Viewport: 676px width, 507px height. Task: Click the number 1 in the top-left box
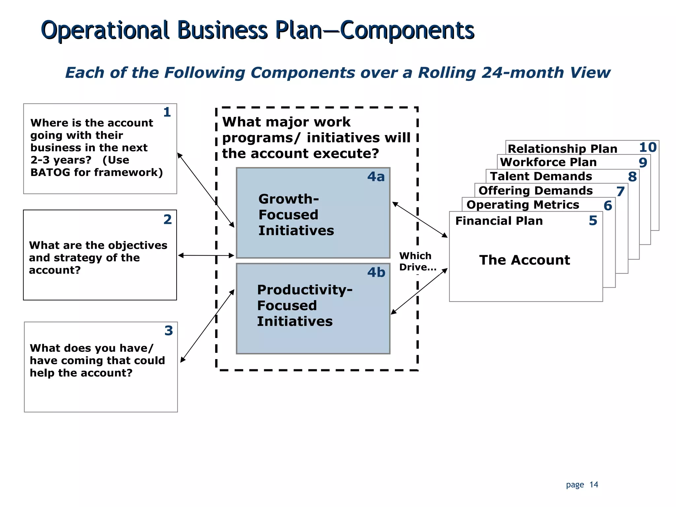(x=167, y=112)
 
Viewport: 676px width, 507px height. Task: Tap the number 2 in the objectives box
(x=168, y=220)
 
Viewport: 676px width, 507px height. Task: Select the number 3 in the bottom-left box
(x=169, y=331)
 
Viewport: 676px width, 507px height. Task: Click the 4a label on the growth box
(x=376, y=177)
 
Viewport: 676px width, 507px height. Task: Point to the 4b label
(x=376, y=273)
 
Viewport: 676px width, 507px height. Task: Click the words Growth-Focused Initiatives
(x=296, y=215)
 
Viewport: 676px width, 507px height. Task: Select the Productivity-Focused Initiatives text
(x=304, y=306)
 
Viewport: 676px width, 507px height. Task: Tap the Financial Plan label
(x=499, y=221)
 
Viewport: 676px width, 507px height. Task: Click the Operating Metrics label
(x=523, y=205)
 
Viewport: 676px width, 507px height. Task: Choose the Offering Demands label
(x=535, y=191)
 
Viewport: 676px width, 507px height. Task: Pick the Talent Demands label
(x=541, y=176)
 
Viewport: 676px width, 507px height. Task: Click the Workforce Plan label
(x=548, y=162)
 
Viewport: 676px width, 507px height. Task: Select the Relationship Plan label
(x=562, y=149)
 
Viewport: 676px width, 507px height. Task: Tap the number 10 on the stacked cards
(x=648, y=148)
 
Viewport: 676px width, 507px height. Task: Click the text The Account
(x=524, y=260)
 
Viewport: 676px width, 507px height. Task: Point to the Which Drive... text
(x=417, y=261)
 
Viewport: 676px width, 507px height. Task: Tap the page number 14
(x=594, y=485)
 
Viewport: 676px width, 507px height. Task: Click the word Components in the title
(x=407, y=30)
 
